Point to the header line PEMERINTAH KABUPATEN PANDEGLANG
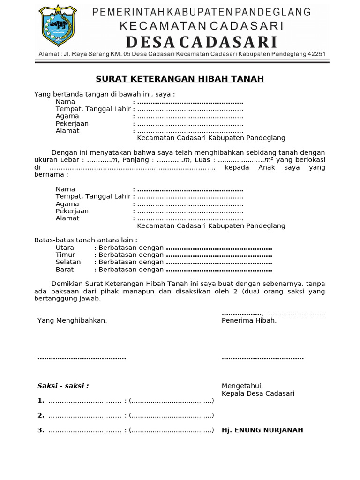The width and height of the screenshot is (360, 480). pos(202,12)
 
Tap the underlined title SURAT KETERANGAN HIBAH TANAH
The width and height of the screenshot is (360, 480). pos(180,79)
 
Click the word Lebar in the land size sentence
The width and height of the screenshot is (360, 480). pos(71,160)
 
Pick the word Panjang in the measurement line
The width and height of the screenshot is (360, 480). pos(135,160)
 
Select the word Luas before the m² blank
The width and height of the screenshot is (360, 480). pos(202,160)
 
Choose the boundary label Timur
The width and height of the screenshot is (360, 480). pos(65,255)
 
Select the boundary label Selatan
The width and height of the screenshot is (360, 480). pos(68,262)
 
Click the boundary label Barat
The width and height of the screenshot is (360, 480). pos(65,270)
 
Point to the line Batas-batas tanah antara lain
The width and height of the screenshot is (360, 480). pos(86,240)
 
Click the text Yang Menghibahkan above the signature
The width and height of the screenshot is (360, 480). pos(72,320)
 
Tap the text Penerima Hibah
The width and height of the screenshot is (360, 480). pos(249,320)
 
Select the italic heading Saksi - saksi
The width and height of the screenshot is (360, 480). pos(63,386)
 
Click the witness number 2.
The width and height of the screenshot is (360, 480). pos(41,415)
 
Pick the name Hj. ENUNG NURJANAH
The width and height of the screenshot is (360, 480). pos(262,430)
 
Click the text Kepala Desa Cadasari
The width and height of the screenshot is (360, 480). pos(258,393)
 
